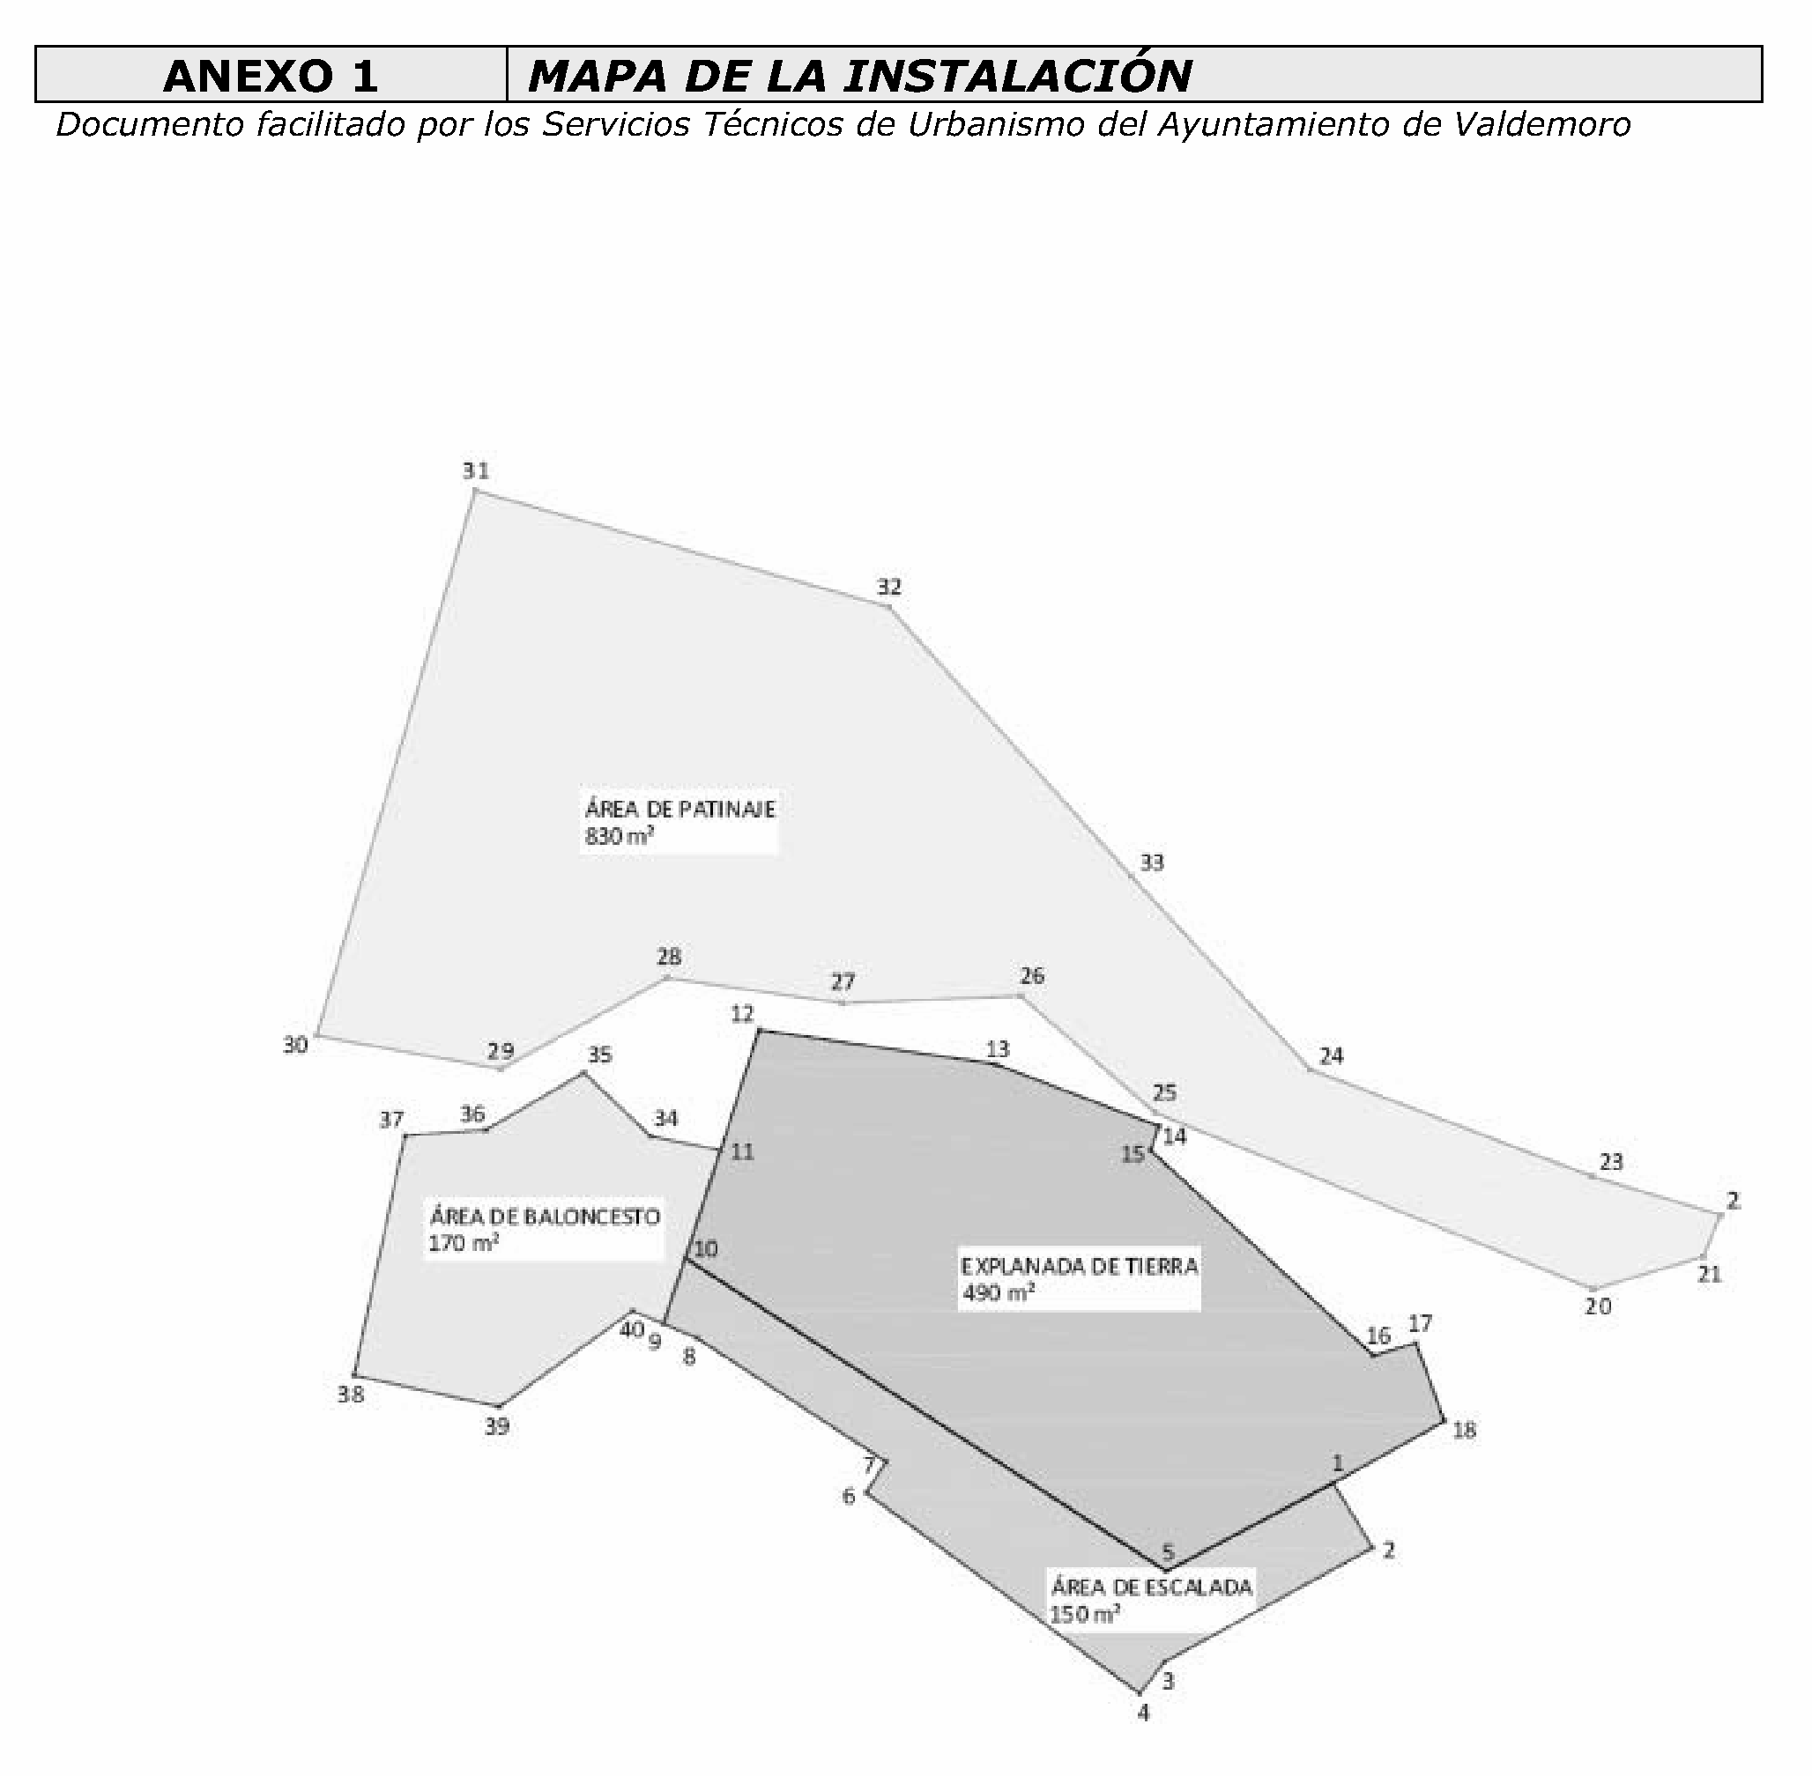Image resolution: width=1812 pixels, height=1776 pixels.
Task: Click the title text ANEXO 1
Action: pos(271,76)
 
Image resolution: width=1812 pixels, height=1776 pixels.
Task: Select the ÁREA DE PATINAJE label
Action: pos(679,809)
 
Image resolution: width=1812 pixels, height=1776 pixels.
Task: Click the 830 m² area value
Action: pos(618,836)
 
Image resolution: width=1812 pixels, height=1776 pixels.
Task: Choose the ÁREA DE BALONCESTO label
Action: pos(544,1217)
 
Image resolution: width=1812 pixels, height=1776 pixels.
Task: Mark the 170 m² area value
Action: pos(463,1243)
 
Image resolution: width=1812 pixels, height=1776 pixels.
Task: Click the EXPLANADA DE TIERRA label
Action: pos(1080,1266)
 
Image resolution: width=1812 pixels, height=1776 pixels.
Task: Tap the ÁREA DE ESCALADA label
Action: pos(1151,1587)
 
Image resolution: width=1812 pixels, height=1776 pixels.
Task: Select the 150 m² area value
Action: pos(1084,1615)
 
